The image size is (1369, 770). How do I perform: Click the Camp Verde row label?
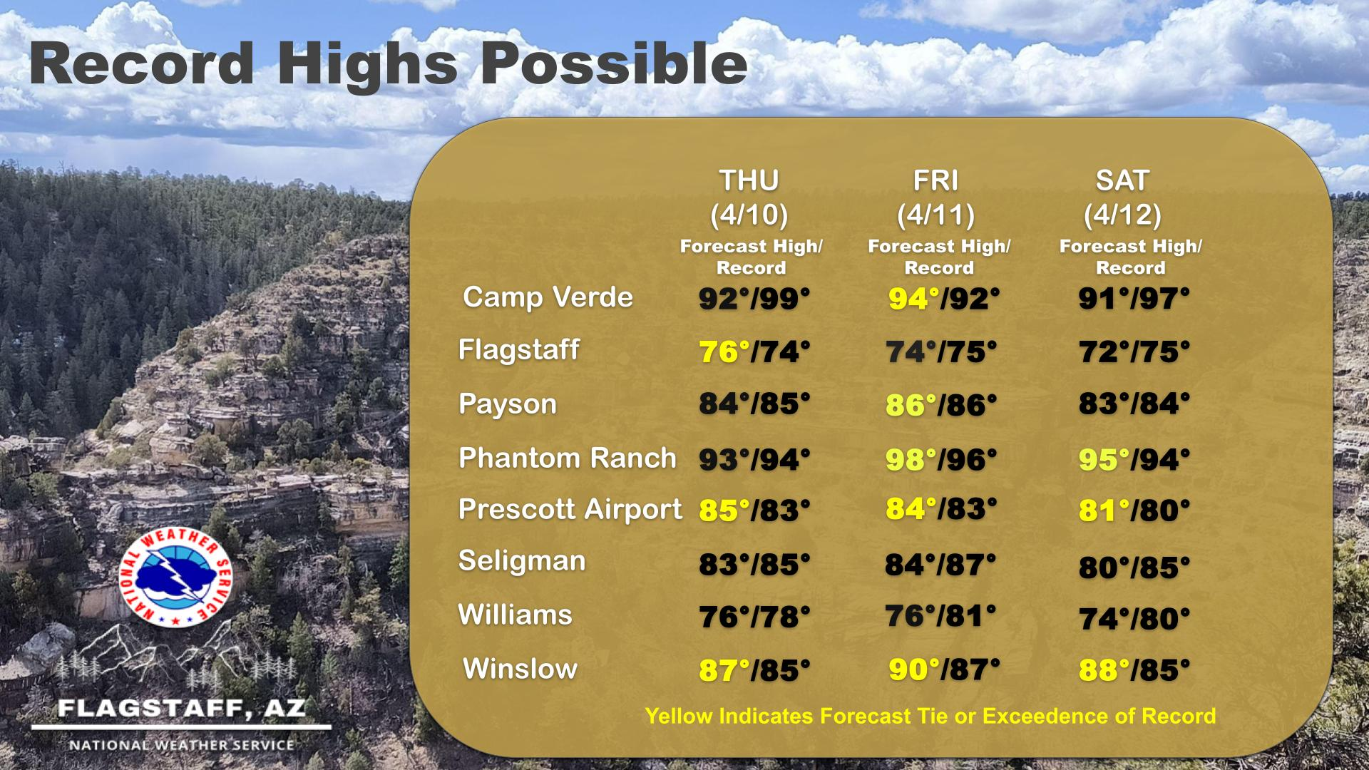(548, 297)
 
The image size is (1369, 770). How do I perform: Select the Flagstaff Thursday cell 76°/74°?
(754, 352)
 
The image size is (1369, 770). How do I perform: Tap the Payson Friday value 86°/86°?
(941, 405)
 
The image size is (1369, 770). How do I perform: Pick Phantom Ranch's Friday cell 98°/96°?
(941, 460)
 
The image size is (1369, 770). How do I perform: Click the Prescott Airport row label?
(570, 509)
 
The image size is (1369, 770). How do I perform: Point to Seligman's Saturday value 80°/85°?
(1134, 568)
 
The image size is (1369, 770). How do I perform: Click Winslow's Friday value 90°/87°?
(944, 669)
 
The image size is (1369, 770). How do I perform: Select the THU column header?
(749, 180)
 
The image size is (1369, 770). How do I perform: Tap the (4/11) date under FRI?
(935, 215)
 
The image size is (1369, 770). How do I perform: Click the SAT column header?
(1122, 180)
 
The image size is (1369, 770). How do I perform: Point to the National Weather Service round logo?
(175, 577)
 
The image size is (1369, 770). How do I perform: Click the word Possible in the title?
(614, 63)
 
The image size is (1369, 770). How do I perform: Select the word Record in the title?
(142, 63)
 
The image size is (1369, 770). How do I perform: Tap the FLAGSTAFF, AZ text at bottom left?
(182, 708)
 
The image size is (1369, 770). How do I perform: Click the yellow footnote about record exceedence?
(930, 716)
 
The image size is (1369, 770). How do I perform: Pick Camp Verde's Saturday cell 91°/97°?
(1134, 299)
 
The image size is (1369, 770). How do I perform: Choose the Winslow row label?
(520, 669)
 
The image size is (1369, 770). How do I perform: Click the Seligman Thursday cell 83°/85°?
(754, 565)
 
